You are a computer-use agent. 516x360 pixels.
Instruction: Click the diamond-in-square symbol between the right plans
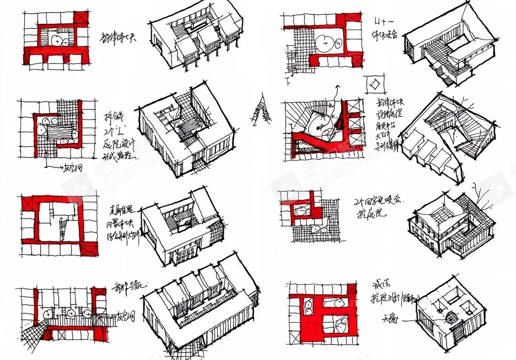pyautogui.click(x=374, y=84)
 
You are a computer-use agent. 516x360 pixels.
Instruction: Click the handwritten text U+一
pyautogui.click(x=382, y=22)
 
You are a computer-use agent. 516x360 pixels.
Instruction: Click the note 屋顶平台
pyautogui.click(x=386, y=126)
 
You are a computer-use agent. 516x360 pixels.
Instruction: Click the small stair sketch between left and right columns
pyautogui.click(x=260, y=113)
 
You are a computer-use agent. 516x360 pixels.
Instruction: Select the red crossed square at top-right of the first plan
pyautogui.click(x=82, y=18)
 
